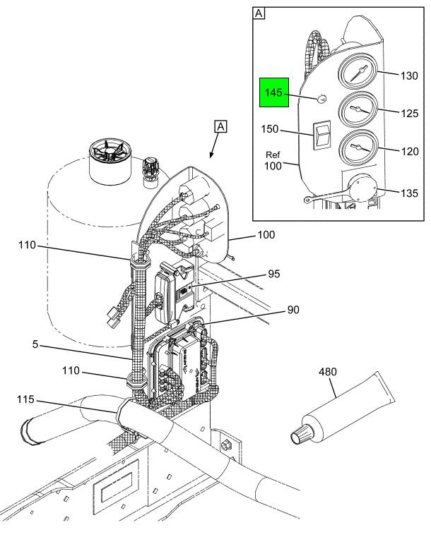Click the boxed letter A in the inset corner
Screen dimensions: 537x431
pos(259,13)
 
